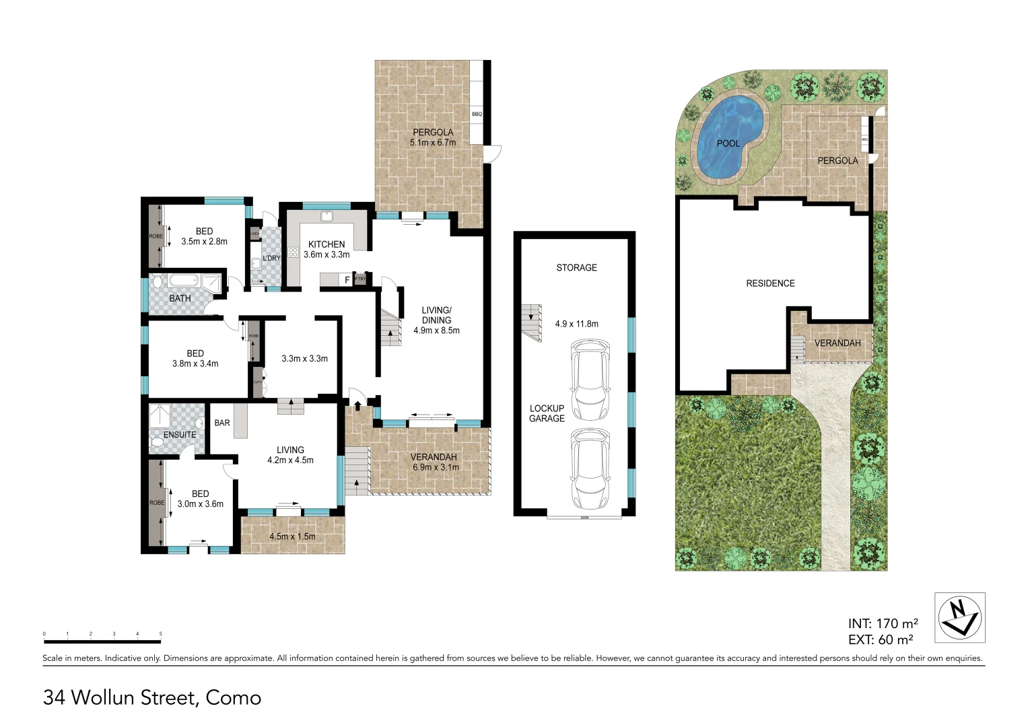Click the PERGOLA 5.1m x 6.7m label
(433, 137)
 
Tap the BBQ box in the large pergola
(477, 114)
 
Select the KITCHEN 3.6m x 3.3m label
(327, 249)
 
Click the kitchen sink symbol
(327, 217)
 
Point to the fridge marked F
(347, 280)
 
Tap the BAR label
(222, 423)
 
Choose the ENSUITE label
(180, 435)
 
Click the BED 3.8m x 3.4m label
(195, 358)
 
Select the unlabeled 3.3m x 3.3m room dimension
(304, 359)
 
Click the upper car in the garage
(590, 380)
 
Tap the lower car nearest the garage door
(590, 469)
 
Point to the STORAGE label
(576, 268)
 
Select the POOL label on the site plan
(728, 143)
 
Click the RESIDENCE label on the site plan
(770, 283)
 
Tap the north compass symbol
(960, 617)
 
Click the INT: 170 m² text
(883, 624)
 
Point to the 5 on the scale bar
(160, 633)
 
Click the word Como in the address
(233, 698)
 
